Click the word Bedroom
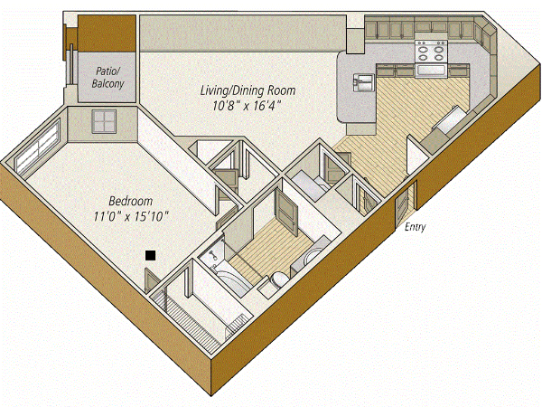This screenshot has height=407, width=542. tap(131, 201)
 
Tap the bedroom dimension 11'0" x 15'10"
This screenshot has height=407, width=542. tap(131, 217)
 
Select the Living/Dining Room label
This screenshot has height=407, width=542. tap(248, 90)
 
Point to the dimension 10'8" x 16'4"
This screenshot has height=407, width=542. tap(246, 106)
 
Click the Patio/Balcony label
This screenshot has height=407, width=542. tap(107, 78)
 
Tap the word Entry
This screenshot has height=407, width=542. tap(416, 227)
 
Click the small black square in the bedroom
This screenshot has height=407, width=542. tap(150, 256)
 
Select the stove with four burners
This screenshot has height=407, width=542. tap(432, 52)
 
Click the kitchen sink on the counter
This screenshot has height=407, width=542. tap(363, 82)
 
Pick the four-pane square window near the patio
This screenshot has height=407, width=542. tap(103, 121)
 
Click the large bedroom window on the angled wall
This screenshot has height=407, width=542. tap(38, 147)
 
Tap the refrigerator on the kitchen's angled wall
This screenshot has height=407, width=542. tap(450, 119)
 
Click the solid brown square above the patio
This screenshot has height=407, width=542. tap(107, 33)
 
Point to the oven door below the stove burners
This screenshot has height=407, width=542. tap(432, 71)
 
